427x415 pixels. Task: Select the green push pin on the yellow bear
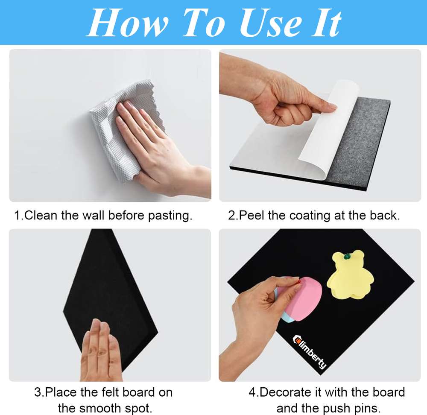tap(347, 256)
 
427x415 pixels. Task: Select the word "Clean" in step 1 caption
tap(41, 216)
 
